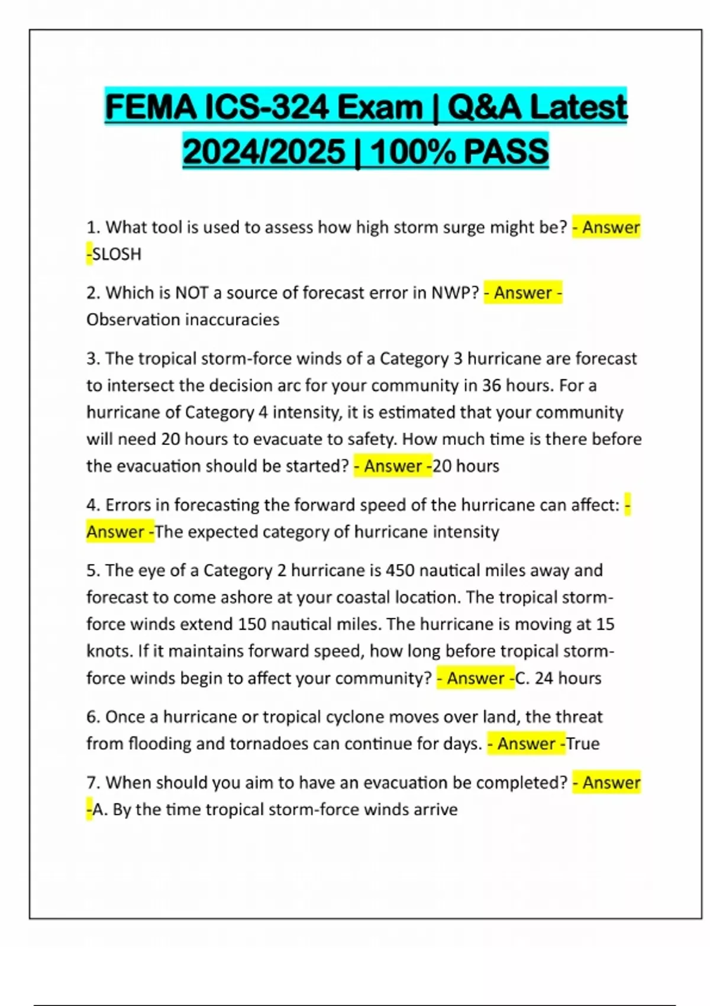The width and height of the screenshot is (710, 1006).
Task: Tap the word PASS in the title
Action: (506, 151)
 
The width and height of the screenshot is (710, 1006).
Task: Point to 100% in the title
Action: (414, 151)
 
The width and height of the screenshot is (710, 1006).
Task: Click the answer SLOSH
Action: (117, 254)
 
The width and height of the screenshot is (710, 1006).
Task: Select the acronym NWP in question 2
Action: (454, 293)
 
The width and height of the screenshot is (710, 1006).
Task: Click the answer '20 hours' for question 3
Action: (466, 466)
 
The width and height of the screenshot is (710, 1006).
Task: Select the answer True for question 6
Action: (583, 743)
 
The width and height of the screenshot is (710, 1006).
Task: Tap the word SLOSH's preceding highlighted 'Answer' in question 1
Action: (611, 227)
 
